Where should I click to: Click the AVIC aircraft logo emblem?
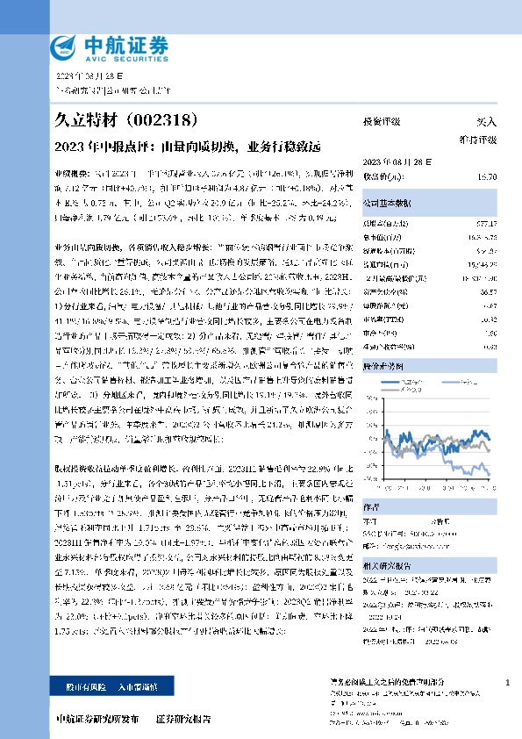[x=66, y=47]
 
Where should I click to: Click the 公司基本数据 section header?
[x=386, y=203]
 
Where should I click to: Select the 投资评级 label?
[x=382, y=121]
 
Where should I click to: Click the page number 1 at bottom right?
[x=508, y=682]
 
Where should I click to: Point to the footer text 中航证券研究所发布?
[x=97, y=719]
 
